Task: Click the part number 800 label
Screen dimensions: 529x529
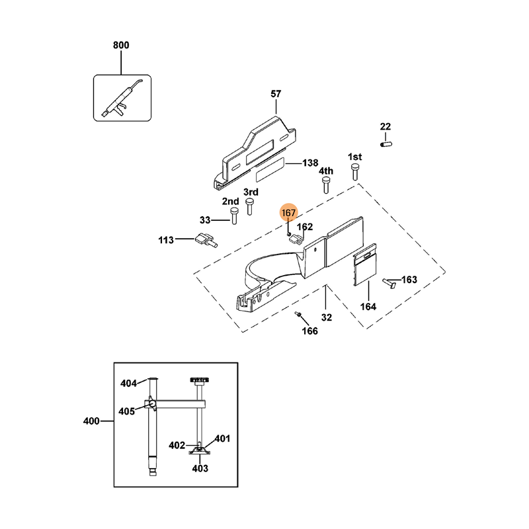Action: click(121, 45)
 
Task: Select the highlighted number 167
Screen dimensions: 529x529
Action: click(289, 213)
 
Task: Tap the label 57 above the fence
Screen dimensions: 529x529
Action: click(276, 94)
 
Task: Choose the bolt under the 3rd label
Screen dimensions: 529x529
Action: click(249, 207)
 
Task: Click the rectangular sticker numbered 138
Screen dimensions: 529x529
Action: click(268, 170)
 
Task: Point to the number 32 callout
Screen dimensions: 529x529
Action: click(327, 317)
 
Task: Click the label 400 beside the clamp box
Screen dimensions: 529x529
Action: click(91, 421)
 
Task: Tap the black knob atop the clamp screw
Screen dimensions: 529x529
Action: click(198, 380)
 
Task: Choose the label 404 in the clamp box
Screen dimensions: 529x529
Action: click(128, 384)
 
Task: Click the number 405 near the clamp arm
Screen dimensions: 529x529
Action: click(126, 411)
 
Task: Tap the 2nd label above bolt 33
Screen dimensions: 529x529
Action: click(230, 201)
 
